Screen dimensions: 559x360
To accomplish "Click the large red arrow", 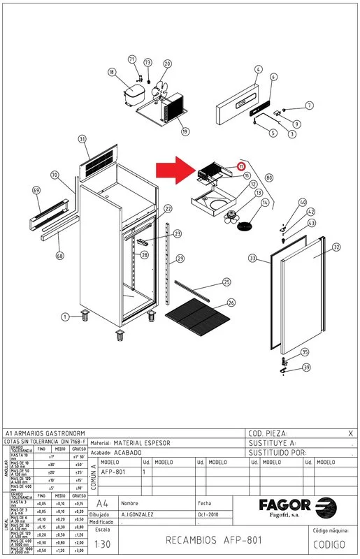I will click(175, 168).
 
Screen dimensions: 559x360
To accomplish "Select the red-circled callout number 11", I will click(241, 166).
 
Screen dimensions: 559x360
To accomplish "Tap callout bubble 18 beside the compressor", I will click(111, 72).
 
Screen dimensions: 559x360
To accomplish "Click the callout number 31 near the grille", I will click(82, 139).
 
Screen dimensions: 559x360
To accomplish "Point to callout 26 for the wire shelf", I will click(231, 303).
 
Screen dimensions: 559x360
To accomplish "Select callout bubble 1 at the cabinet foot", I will click(65, 317).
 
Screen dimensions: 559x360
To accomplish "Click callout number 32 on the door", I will click(336, 247).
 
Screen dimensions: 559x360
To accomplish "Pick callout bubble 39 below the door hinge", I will click(305, 367).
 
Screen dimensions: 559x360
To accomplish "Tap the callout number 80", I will click(269, 177).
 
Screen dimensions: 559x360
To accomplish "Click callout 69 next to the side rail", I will click(37, 190).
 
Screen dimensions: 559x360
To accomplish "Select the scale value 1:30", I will click(102, 544).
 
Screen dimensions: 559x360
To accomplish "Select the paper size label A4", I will click(102, 503).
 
